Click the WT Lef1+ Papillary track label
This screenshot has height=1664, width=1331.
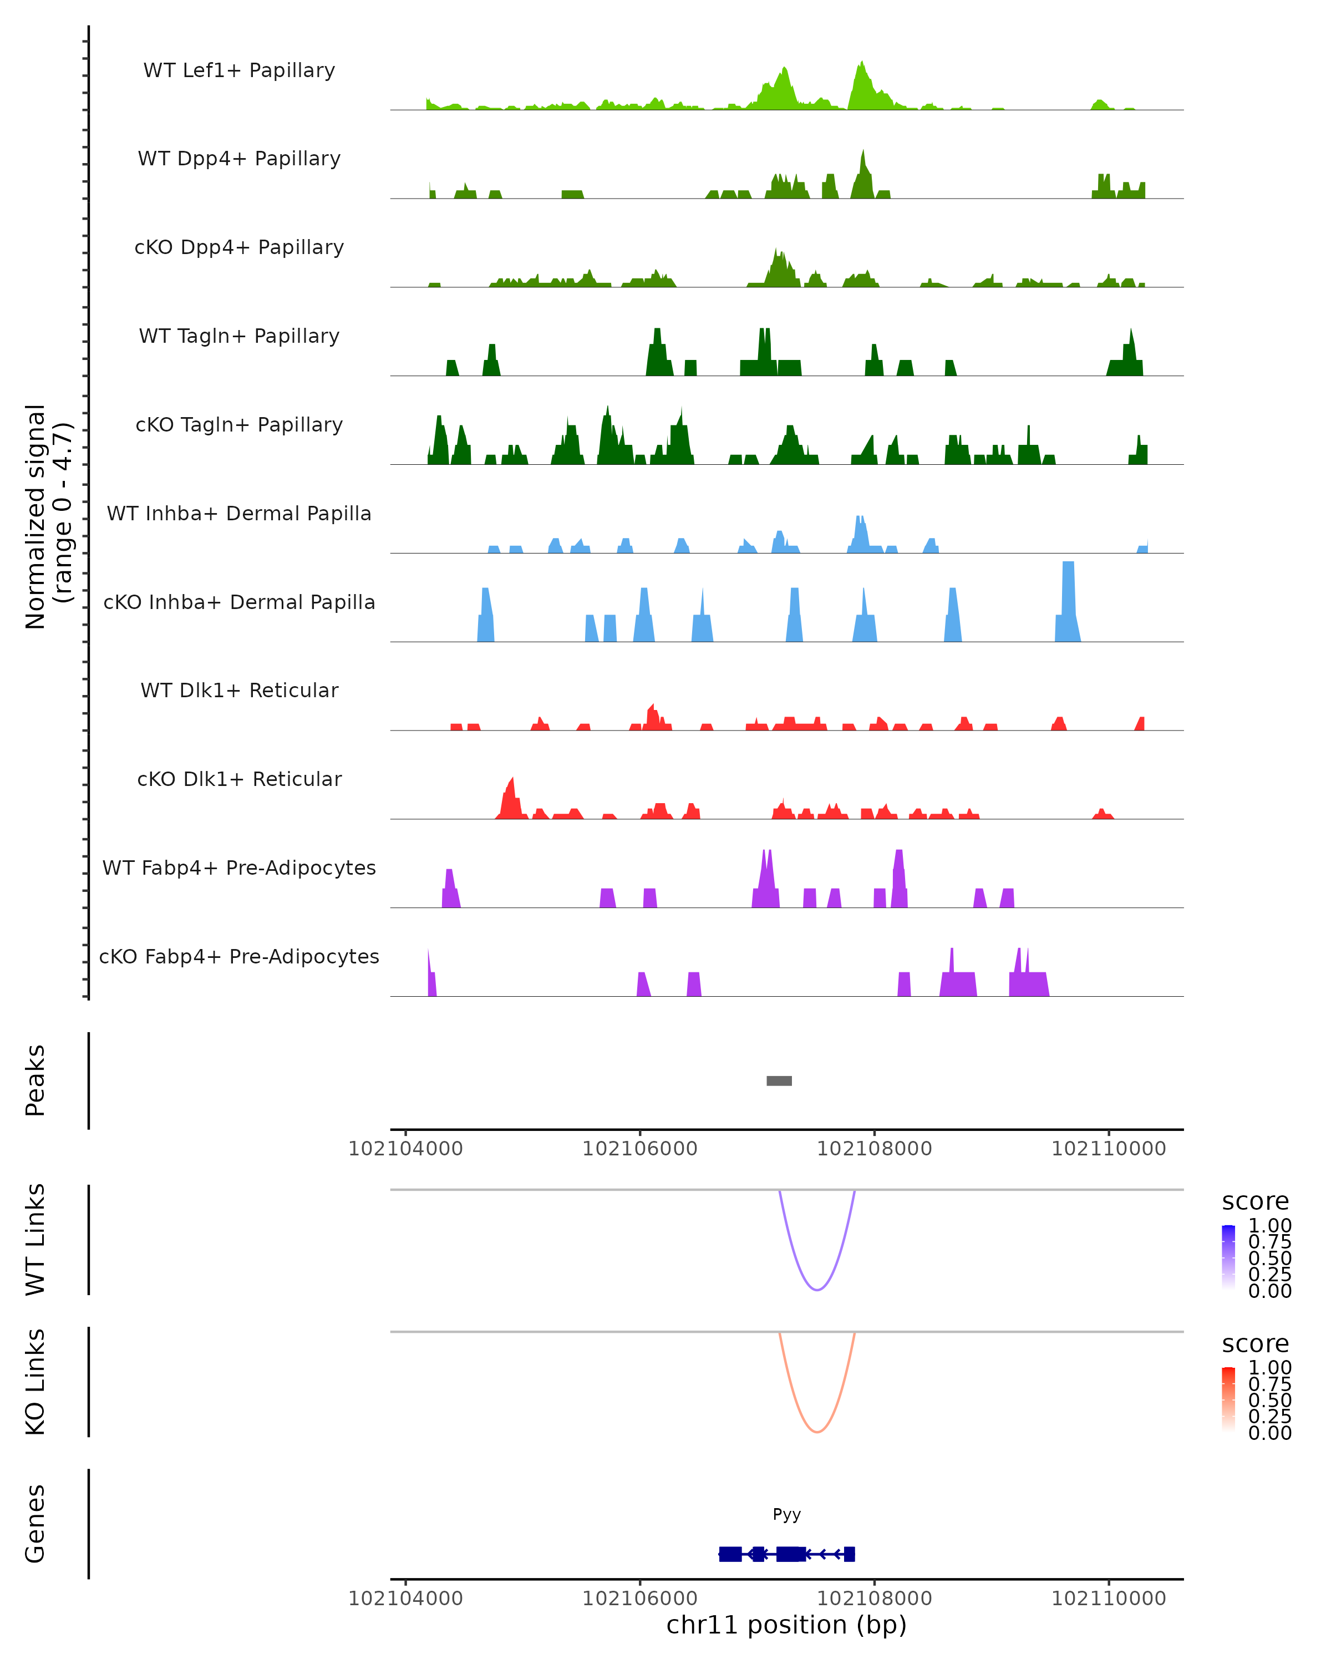(239, 70)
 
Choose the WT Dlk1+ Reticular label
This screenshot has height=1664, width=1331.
(239, 690)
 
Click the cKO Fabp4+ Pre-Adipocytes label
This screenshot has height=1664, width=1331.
(239, 956)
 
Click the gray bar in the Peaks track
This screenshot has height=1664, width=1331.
(779, 1080)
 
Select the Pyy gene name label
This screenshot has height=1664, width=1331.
(786, 1514)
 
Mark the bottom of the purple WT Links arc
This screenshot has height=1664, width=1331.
(816, 1289)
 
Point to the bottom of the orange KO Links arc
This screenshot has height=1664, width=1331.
(816, 1432)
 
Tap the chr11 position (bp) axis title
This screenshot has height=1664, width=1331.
(786, 1625)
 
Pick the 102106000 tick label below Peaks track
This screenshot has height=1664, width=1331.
(639, 1149)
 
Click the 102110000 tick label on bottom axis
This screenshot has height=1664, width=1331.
(1108, 1599)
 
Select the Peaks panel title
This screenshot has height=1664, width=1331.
(35, 1080)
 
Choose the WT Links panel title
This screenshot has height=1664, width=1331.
(35, 1239)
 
